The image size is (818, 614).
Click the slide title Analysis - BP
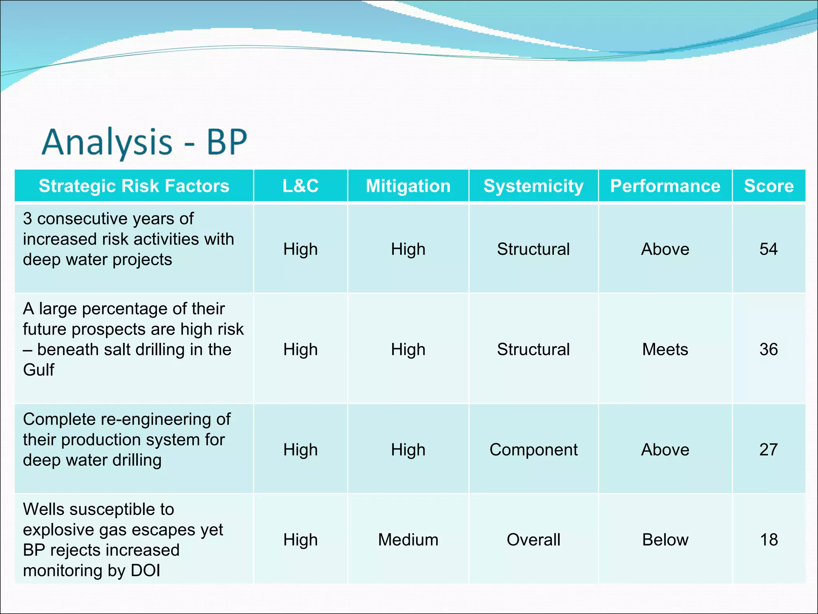[145, 142]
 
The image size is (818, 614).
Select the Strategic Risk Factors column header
[134, 186]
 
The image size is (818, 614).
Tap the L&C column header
[300, 186]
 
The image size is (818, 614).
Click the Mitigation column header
[408, 186]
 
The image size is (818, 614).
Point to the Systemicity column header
[533, 186]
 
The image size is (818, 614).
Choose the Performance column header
[665, 186]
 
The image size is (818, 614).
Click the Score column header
[768, 186]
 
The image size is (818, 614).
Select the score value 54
[768, 249]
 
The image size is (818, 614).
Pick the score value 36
[768, 349]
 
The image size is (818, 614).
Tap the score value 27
[768, 450]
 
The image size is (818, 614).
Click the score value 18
[768, 540]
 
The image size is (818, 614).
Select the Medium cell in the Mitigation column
[408, 540]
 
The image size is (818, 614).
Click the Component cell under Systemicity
[533, 450]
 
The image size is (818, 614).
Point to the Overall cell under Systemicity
[533, 540]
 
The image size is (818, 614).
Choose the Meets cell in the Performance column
[665, 349]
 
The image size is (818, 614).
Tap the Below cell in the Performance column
[665, 540]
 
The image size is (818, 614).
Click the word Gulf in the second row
[38, 370]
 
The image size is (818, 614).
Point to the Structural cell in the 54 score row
[533, 249]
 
